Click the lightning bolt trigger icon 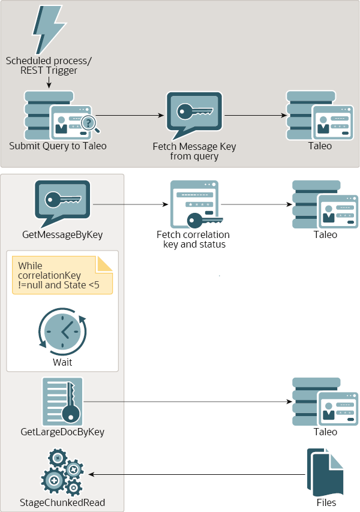(x=49, y=30)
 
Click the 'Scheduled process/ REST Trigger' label (x=49, y=65)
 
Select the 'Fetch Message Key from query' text (x=194, y=151)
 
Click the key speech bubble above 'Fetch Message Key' (x=194, y=116)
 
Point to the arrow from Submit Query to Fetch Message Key (x=130, y=115)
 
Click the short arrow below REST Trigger (x=49, y=82)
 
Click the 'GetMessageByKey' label (x=62, y=235)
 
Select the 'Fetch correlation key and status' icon (x=196, y=204)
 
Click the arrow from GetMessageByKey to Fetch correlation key (x=130, y=204)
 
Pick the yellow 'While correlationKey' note (x=62, y=275)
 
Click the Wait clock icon (x=62, y=332)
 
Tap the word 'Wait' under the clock (x=62, y=363)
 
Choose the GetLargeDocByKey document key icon (x=62, y=402)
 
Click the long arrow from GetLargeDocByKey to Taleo (x=188, y=402)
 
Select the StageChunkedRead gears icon (x=62, y=472)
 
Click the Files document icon (x=325, y=472)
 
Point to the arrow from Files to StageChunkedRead (x=197, y=474)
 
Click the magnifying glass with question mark (x=91, y=125)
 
